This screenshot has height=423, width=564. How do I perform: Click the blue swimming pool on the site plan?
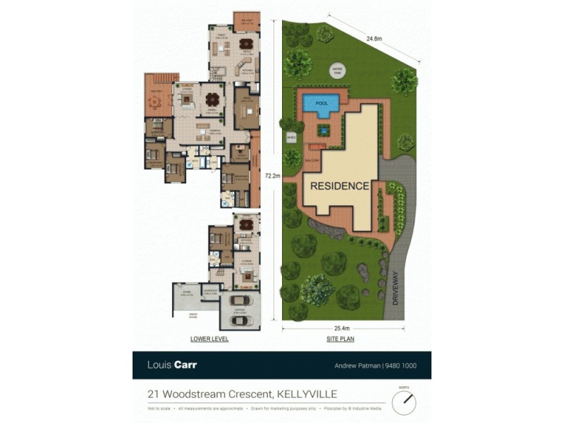[321, 104]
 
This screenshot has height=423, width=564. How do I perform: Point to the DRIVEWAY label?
[396, 287]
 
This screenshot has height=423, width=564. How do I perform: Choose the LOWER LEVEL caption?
[209, 339]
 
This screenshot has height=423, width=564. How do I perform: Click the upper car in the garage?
[240, 301]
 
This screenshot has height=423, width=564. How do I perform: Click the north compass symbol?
[404, 402]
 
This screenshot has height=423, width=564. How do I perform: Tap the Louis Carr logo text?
[171, 364]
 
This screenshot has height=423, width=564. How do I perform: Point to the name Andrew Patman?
[357, 365]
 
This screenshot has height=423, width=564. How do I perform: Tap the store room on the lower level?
[186, 293]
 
